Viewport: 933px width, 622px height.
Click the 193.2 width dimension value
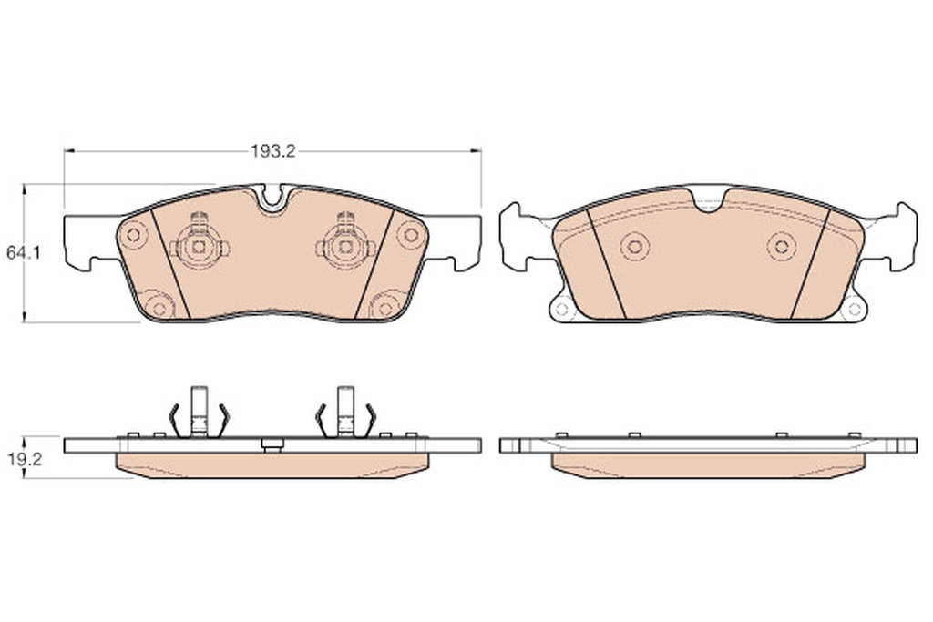[x=272, y=151]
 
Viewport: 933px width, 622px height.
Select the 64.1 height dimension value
[x=23, y=253]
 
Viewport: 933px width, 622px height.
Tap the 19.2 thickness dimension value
[x=24, y=459]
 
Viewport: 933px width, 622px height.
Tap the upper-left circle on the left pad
[x=133, y=235]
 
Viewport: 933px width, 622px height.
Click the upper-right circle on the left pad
[x=411, y=234]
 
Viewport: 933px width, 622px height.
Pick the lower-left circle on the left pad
[x=159, y=309]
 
